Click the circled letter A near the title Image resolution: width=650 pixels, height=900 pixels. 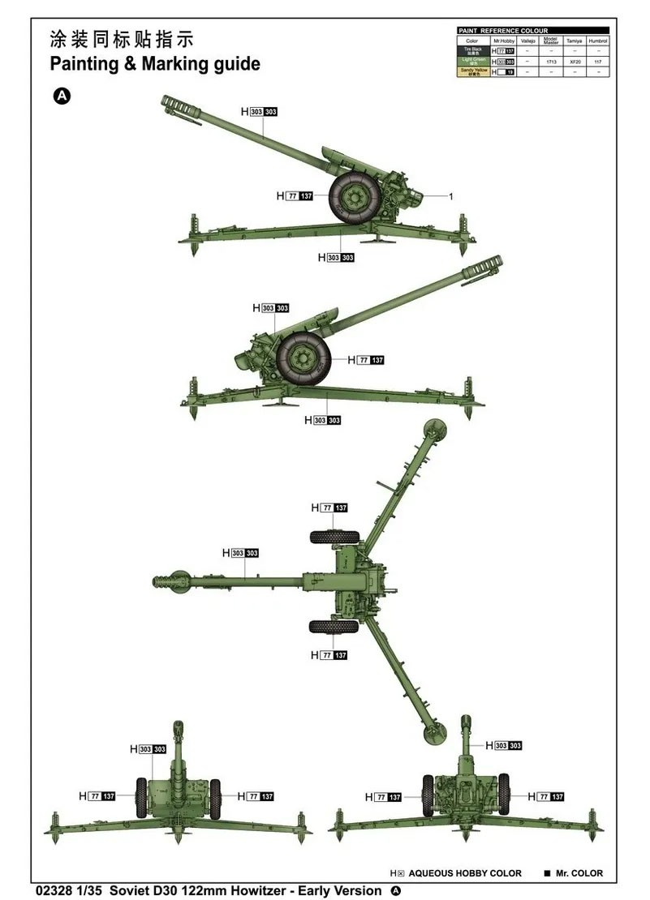pos(62,96)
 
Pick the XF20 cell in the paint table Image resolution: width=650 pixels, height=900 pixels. pos(575,61)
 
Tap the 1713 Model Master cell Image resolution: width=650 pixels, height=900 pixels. pos(551,61)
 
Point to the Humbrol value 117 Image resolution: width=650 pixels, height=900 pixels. pos(597,61)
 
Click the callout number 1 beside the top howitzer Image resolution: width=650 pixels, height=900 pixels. pos(450,196)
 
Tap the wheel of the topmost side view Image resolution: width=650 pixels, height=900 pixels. pos(354,197)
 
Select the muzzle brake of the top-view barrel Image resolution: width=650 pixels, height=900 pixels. pos(170,581)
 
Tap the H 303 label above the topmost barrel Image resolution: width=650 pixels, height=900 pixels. pos(259,111)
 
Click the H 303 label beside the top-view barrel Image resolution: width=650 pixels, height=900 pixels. pos(240,553)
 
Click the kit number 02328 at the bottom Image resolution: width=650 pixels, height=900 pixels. pos(54,890)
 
